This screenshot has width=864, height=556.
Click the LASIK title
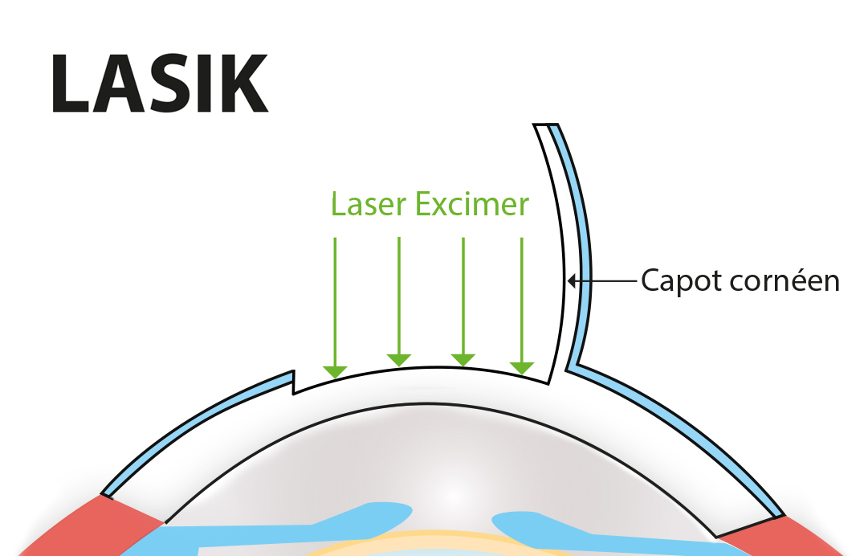(159, 84)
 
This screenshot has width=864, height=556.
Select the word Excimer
(473, 204)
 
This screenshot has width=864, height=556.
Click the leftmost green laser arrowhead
(335, 371)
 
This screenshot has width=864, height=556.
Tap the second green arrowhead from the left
(399, 359)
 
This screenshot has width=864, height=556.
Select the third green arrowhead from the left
(463, 359)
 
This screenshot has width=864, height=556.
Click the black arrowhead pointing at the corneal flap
(572, 280)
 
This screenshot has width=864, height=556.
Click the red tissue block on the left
(112, 526)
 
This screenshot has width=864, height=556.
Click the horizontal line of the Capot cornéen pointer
(606, 280)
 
